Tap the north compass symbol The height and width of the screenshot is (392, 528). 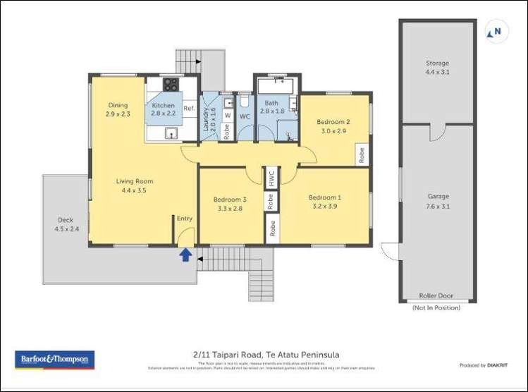point(496,32)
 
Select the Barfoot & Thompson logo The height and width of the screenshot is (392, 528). point(54,360)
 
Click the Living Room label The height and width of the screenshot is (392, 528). point(135,181)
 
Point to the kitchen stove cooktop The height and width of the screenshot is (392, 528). point(171,85)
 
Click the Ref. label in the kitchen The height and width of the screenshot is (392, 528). point(189,109)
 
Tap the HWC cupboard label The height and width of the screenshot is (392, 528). point(271,178)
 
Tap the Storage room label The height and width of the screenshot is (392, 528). point(437,63)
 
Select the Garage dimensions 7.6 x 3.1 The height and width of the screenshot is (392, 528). point(438,207)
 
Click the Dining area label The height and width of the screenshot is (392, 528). point(118,105)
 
